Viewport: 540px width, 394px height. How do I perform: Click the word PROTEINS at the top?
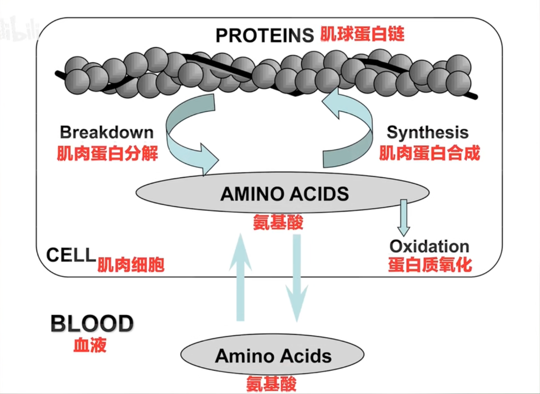tap(265, 36)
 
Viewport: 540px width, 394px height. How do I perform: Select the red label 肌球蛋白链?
tap(362, 34)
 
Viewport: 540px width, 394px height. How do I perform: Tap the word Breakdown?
tap(107, 132)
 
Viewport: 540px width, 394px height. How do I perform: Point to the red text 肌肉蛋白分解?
tap(107, 153)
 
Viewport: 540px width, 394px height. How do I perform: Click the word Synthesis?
tap(428, 132)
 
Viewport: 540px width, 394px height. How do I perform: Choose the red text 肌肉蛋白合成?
tap(429, 153)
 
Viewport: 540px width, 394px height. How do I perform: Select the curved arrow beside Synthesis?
tap(353, 131)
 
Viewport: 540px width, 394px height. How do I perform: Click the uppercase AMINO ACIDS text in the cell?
tap(284, 194)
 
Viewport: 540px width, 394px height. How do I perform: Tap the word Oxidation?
tap(429, 246)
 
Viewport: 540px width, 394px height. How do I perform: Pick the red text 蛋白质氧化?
tap(430, 265)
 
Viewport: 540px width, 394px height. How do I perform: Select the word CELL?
tap(71, 255)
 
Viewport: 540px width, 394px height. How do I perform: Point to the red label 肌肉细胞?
tap(131, 265)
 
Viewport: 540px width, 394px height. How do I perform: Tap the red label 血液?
tap(90, 345)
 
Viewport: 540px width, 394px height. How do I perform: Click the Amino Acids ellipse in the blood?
tap(273, 355)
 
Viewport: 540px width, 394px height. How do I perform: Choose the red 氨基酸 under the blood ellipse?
tap(271, 384)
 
